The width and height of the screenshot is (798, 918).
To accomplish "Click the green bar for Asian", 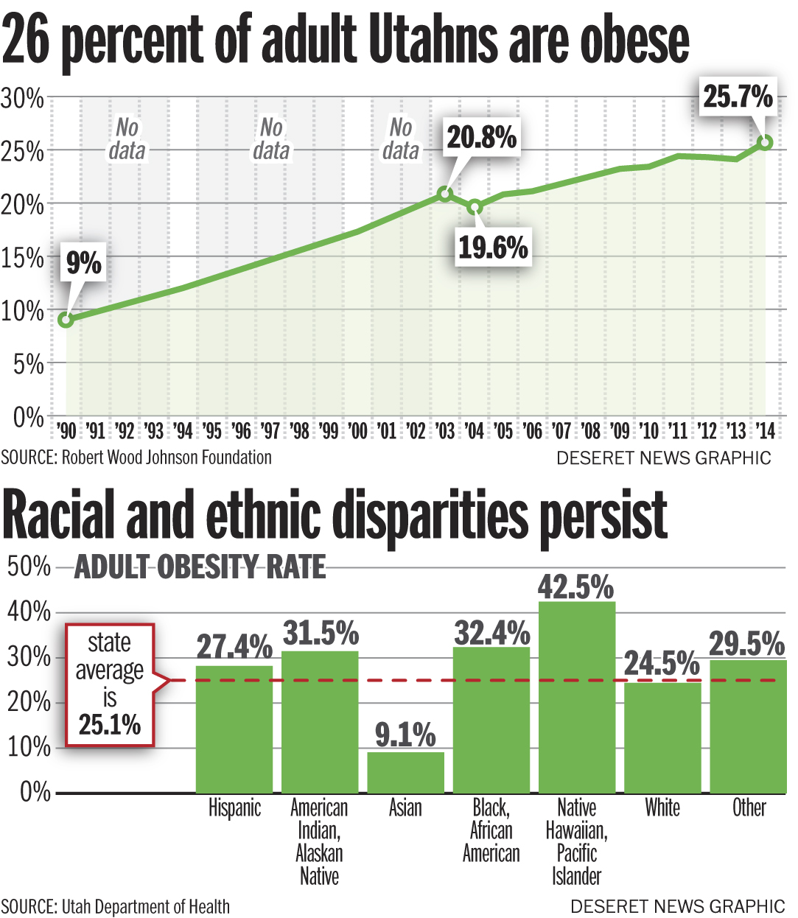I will tap(405, 772).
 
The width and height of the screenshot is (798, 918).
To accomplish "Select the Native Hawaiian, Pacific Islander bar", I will tap(577, 697).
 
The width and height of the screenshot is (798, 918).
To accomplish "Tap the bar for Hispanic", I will tap(234, 729).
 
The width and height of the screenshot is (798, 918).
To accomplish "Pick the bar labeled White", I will tap(662, 737).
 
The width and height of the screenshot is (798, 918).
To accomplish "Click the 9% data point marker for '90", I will tap(66, 320).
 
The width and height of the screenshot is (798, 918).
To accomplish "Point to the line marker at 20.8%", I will tap(444, 194).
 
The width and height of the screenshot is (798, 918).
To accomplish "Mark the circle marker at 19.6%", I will tap(475, 207).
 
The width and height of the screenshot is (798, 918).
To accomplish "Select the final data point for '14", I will tap(765, 142).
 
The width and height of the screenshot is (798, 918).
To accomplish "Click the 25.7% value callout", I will tap(738, 97).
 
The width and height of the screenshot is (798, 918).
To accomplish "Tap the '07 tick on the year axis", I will tap(561, 430).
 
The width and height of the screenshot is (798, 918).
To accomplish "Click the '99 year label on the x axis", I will tap(329, 430).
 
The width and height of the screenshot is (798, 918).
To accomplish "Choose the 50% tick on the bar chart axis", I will tap(28, 567).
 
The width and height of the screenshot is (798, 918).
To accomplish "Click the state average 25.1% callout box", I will tap(110, 684).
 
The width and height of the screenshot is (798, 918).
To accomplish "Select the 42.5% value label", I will tap(575, 587).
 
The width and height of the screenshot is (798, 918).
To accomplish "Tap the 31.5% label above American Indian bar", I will tap(321, 633).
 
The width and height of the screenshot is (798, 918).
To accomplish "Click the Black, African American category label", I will tap(491, 830).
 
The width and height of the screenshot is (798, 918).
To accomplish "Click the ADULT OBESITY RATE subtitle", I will tap(200, 567).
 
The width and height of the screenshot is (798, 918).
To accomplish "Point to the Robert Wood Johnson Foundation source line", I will tap(136, 458).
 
